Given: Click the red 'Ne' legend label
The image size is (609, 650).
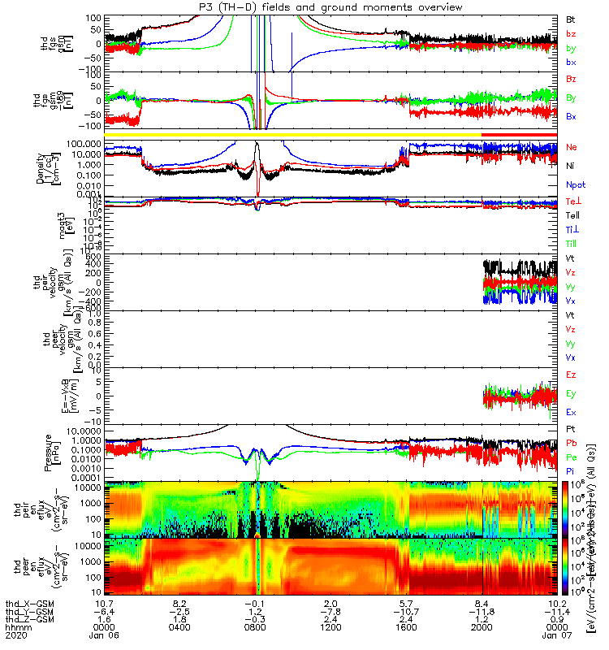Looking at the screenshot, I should point(571,147).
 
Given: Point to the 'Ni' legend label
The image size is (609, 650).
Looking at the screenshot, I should point(570,166).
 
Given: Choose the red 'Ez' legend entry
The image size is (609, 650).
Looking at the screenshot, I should point(570,374).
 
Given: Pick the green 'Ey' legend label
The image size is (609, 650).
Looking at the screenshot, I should point(570,393).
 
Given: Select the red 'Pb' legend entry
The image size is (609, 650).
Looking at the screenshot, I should point(570,442).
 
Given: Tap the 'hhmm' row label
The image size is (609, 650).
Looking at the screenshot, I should point(14,615).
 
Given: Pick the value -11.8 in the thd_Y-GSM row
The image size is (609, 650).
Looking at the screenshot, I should point(482,597).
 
